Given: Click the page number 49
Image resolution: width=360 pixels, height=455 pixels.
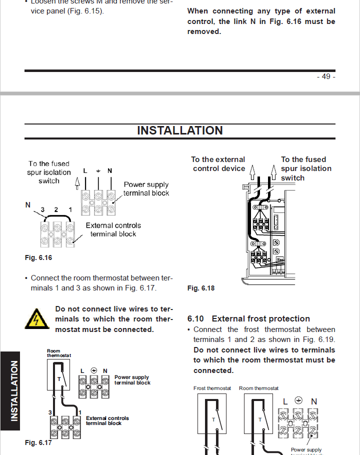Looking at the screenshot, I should click(325, 76).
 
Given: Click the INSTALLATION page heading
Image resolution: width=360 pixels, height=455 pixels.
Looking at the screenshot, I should click(180, 130).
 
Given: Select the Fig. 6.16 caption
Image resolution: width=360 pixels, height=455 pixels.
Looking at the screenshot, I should click(38, 258).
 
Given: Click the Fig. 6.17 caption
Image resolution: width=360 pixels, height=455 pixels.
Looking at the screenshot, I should click(38, 442).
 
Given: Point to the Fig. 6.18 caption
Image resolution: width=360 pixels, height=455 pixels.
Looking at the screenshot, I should click(201, 288).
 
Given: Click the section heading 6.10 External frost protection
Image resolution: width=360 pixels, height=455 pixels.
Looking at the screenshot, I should click(248, 318).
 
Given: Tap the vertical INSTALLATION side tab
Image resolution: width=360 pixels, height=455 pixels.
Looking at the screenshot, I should click(13, 390).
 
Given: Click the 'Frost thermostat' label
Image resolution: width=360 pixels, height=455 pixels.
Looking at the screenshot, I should click(212, 388).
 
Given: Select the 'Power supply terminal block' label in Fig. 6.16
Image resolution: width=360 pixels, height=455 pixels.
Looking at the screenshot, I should click(146, 189).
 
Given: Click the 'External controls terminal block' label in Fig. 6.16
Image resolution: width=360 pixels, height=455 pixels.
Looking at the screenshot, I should click(113, 229).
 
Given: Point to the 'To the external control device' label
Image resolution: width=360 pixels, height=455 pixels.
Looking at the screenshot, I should click(218, 164).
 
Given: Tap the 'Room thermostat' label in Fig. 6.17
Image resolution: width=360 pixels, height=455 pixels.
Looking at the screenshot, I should click(58, 353).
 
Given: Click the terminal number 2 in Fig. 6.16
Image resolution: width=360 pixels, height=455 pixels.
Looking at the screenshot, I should click(56, 210).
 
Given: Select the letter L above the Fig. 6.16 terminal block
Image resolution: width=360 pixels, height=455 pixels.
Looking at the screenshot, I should click(85, 171).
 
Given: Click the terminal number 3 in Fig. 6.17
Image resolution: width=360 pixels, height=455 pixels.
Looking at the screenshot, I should click(50, 412).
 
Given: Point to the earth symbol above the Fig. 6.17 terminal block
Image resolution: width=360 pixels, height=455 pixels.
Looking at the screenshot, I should click(93, 370).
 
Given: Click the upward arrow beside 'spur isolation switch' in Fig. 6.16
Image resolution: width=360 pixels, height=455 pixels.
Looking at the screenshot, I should click(77, 182).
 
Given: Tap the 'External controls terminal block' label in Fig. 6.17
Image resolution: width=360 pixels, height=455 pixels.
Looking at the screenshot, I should click(107, 420).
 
